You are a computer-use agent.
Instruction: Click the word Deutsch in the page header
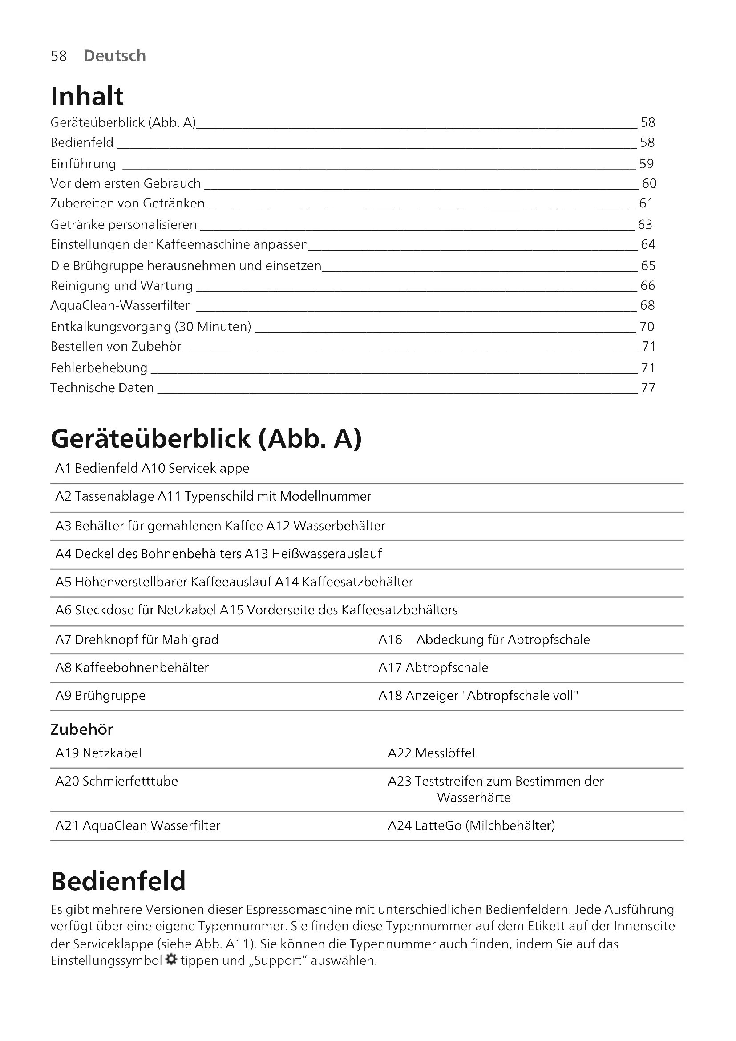115,56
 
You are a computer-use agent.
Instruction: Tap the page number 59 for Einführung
646,164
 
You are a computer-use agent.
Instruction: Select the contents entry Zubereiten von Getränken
127,203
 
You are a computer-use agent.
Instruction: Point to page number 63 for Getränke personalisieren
645,224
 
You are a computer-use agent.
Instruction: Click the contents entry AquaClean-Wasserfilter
120,305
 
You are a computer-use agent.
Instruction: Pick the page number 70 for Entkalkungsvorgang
647,326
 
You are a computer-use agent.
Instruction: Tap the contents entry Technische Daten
102,388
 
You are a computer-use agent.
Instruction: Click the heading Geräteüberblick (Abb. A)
206,439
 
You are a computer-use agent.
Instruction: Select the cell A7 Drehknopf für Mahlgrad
137,639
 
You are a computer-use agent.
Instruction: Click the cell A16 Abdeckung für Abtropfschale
484,639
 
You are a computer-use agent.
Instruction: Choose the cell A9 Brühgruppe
101,696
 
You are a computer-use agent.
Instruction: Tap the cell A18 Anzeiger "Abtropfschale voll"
478,696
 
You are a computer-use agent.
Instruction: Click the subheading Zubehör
81,729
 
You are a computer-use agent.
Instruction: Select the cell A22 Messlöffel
431,753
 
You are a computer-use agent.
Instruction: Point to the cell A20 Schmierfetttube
117,781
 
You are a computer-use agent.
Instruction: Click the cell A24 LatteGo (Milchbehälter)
471,826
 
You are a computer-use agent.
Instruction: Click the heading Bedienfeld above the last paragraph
118,881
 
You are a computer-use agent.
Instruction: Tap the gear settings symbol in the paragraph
171,960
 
